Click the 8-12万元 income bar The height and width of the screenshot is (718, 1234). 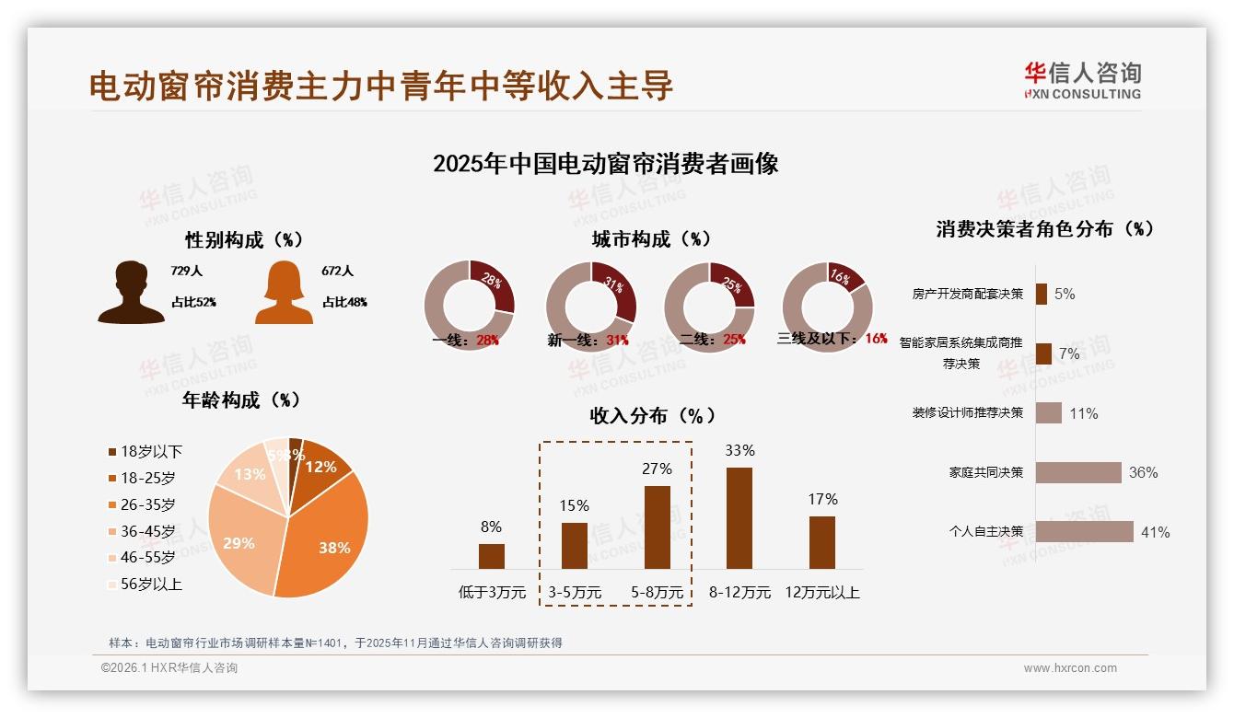(x=739, y=518)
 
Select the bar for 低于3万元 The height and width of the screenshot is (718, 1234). (x=492, y=556)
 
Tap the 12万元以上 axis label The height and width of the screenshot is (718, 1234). (x=822, y=593)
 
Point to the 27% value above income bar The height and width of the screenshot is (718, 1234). (x=657, y=469)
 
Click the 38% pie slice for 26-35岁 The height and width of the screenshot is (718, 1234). (x=327, y=543)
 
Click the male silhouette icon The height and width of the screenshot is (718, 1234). (x=131, y=292)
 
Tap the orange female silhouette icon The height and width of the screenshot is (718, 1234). (x=284, y=292)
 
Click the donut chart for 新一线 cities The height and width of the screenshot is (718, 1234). (x=591, y=306)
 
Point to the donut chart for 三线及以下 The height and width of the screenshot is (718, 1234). (x=827, y=306)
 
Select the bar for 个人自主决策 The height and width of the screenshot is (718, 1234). (x=1084, y=531)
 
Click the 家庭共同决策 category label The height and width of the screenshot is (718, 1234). (x=985, y=472)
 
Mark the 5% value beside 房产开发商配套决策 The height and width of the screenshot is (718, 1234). (x=1065, y=294)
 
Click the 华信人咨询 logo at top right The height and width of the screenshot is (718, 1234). (x=1082, y=80)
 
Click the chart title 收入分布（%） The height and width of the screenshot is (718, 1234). (x=652, y=415)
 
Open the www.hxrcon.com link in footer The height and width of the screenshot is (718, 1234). (x=1070, y=668)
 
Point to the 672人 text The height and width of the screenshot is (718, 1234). (x=338, y=271)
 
